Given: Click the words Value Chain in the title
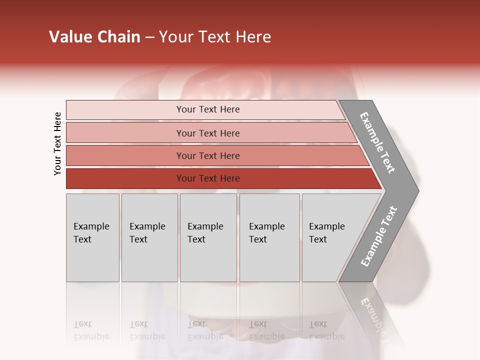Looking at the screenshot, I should click(x=94, y=37).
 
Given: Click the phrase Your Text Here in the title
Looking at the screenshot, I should click(x=215, y=37).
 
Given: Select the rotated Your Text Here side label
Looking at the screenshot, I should click(x=57, y=144).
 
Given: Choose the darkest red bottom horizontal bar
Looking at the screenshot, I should click(x=125, y=178).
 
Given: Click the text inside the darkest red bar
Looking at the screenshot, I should click(x=208, y=178).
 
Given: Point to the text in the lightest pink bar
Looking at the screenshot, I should click(x=208, y=109).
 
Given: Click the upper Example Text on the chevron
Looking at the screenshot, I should click(x=377, y=142).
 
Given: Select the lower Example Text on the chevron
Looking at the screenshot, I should click(x=379, y=236).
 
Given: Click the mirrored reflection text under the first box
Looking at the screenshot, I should click(x=91, y=330).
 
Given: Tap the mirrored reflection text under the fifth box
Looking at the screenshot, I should click(x=326, y=330).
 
